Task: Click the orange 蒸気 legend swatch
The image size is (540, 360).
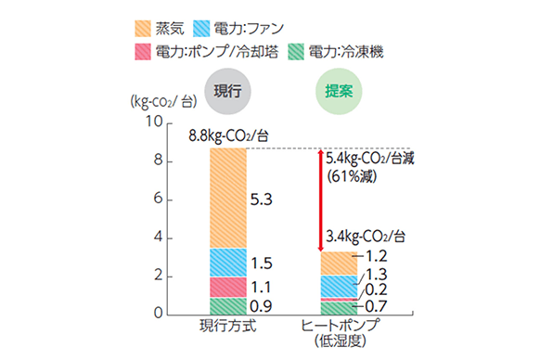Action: (148, 29)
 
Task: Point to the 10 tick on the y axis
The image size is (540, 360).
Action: (155, 122)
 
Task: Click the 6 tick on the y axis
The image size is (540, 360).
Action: (158, 199)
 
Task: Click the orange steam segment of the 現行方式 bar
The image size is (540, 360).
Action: (228, 198)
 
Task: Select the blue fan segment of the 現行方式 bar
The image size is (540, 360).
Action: (228, 262)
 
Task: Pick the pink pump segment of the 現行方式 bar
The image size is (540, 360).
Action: (228, 287)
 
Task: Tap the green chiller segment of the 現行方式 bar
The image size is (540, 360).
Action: (228, 306)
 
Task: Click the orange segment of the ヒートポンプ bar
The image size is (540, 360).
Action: (339, 264)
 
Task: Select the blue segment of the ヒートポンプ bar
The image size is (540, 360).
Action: (339, 287)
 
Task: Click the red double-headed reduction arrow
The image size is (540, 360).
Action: (320, 199)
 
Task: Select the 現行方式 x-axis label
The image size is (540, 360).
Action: (227, 326)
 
